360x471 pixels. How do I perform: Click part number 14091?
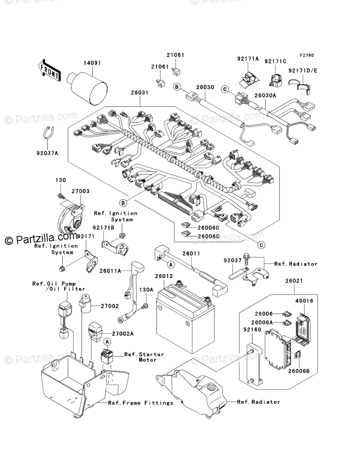tap(92, 63)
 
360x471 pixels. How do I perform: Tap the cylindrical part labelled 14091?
tap(87, 88)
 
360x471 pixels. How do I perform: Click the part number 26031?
tap(140, 93)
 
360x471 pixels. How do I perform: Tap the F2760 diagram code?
tap(306, 55)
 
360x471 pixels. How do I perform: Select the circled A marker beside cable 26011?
tap(171, 264)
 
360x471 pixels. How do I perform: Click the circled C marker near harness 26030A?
tap(224, 89)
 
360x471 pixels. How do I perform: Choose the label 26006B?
tap(298, 371)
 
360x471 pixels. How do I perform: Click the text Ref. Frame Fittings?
tap(141, 403)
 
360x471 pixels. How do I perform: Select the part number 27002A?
tap(122, 333)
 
